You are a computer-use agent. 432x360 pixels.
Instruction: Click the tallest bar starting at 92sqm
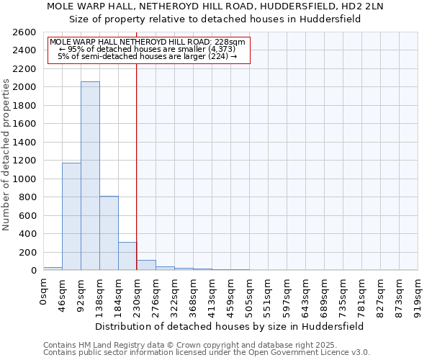pyautogui.click(x=90, y=176)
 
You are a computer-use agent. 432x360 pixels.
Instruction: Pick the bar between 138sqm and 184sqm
pyautogui.click(x=109, y=233)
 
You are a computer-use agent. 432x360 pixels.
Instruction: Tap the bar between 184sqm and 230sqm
pyautogui.click(x=127, y=256)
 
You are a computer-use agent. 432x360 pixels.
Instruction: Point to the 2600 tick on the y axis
pyautogui.click(x=26, y=32)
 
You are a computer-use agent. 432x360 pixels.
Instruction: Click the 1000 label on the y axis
pyautogui.click(x=26, y=179)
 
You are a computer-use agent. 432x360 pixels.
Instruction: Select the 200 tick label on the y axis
pyautogui.click(x=29, y=253)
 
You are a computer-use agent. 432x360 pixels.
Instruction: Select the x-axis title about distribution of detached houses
pyautogui.click(x=230, y=326)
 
